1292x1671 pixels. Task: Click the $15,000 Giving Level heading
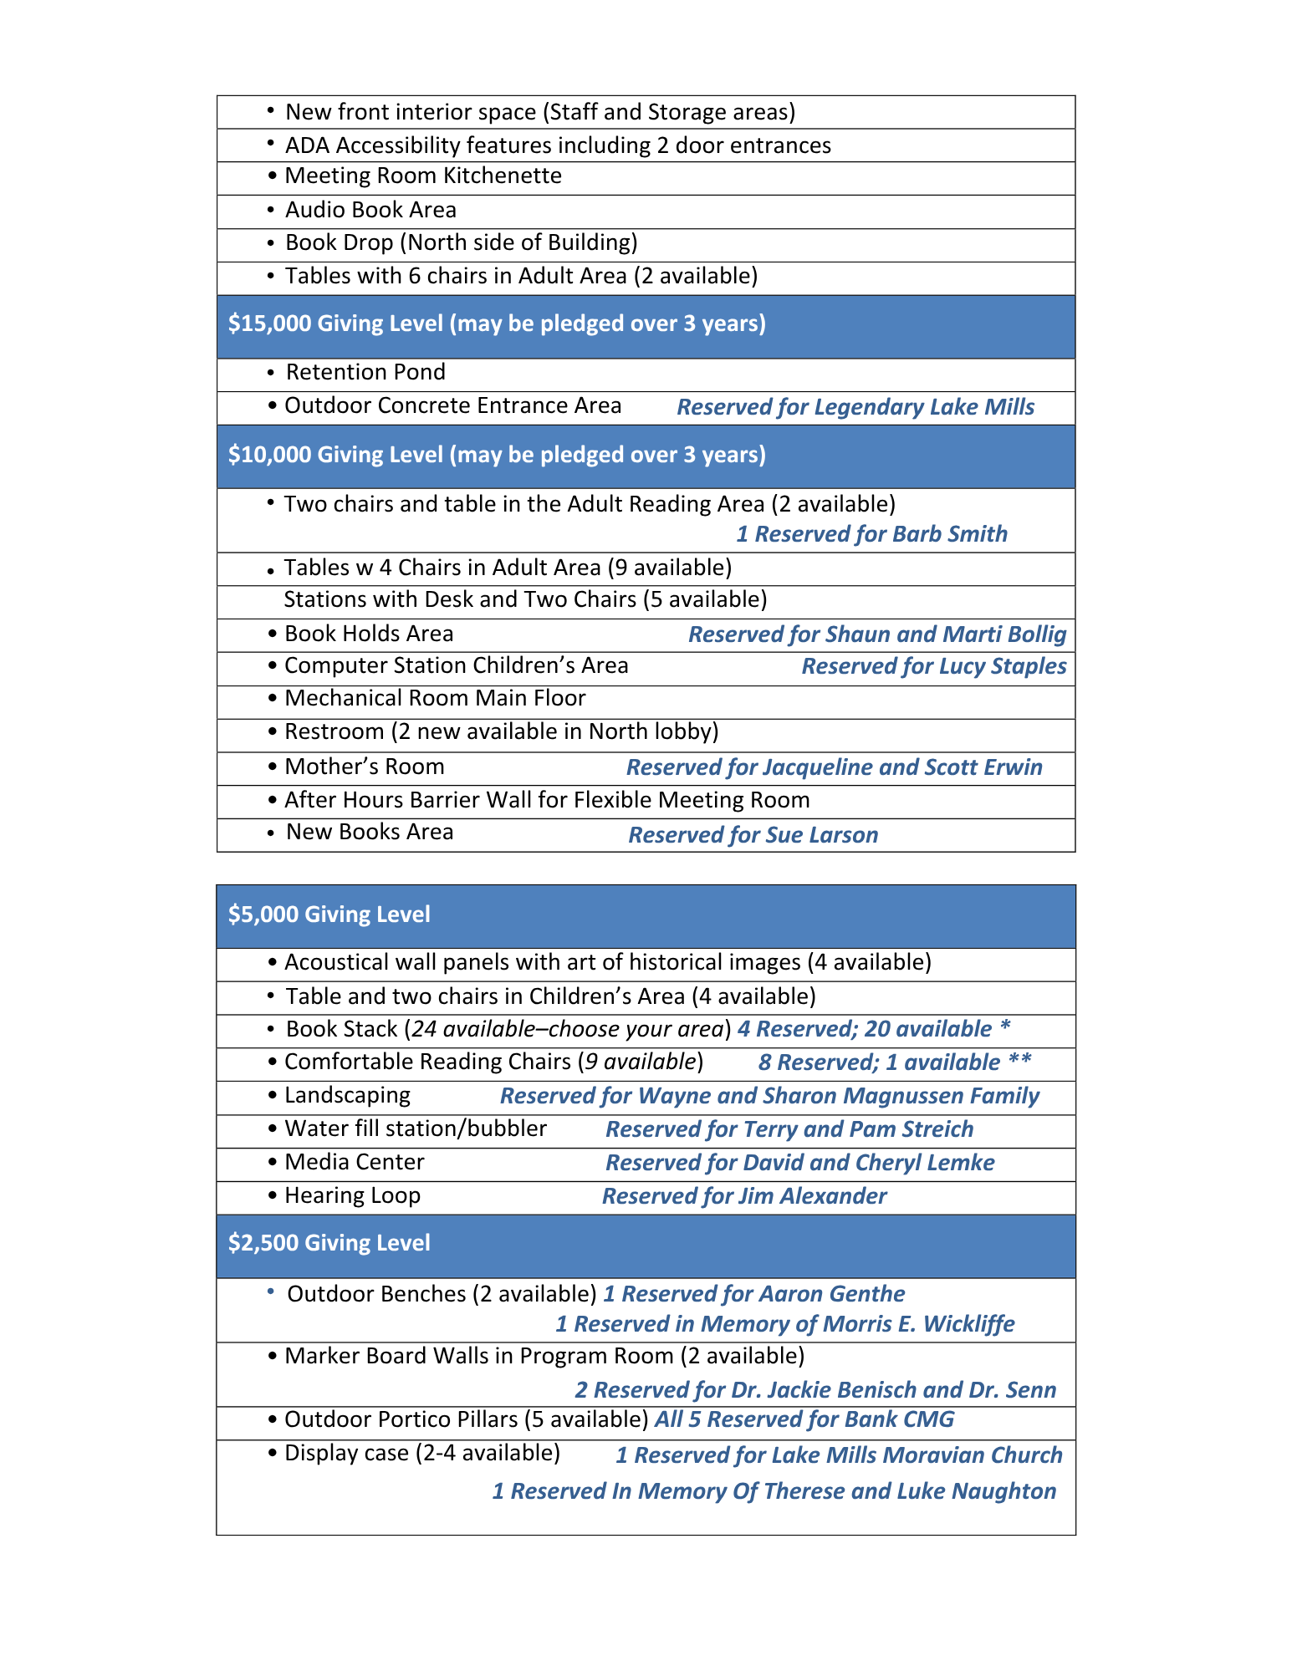[497, 324]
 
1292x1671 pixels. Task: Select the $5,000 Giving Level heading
[329, 914]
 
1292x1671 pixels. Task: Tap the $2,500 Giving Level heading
[329, 1243]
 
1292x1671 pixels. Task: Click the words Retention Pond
[365, 373]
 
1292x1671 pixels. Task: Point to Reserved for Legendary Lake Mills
[855, 408]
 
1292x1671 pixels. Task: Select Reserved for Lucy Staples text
[933, 667]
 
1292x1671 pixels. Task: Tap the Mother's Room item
[364, 767]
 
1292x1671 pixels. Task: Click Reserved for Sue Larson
[753, 836]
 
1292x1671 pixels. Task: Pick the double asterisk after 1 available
[1019, 1062]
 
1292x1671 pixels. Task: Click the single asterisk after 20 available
[1005, 1027]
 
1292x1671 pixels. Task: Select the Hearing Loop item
[352, 1196]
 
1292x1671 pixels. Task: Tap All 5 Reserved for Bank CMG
[804, 1420]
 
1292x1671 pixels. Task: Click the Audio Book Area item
[370, 211]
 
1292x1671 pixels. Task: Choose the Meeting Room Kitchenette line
[422, 176]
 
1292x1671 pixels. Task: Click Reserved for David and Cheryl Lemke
[799, 1164]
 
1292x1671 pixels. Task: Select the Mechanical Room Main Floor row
[435, 699]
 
